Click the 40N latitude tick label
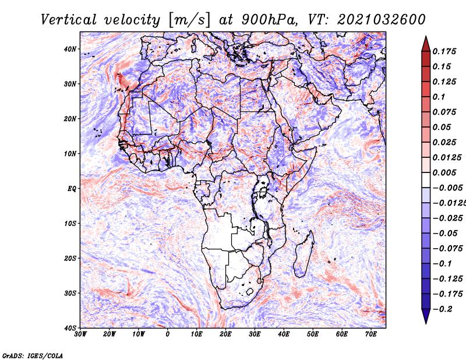[70, 49]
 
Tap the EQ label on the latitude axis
[72, 189]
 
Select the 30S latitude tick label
[70, 294]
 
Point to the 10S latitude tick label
[70, 224]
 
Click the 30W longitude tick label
[80, 334]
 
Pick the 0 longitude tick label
[168, 334]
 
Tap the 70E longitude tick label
[371, 334]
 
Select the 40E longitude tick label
[284, 334]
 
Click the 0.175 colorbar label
[444, 51]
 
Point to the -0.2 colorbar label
[443, 309]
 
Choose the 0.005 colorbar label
[444, 172]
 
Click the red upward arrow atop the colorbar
[426, 44]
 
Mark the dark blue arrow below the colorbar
[426, 316]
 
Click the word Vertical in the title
[69, 20]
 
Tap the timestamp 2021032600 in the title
[382, 20]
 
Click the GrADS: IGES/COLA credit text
[33, 355]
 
